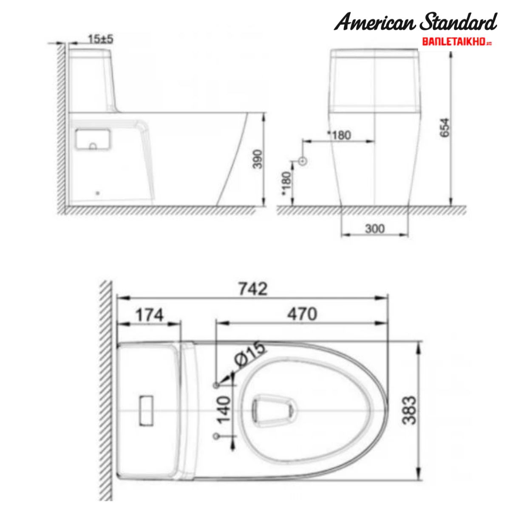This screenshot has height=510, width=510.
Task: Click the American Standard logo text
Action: pyautogui.click(x=415, y=22)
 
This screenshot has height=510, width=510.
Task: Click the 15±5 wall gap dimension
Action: pyautogui.click(x=101, y=40)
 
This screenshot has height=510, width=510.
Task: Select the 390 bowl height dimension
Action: pyautogui.click(x=258, y=159)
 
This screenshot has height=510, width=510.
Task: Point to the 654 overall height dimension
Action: pyautogui.click(x=444, y=127)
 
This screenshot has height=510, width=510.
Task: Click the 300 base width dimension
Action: pyautogui.click(x=374, y=229)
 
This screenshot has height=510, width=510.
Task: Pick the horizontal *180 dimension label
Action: pyautogui.click(x=340, y=135)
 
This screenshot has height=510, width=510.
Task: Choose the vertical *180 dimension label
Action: pyautogui.click(x=287, y=183)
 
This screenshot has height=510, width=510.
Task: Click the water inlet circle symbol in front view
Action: pyautogui.click(x=303, y=161)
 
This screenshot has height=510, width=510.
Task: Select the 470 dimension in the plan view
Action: pyautogui.click(x=302, y=314)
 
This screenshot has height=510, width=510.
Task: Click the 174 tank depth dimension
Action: pyautogui.click(x=149, y=315)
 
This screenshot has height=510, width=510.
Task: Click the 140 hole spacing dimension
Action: pyautogui.click(x=224, y=410)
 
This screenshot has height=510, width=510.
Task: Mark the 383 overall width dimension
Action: pyautogui.click(x=409, y=410)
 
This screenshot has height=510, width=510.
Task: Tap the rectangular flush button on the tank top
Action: pyautogui.click(x=147, y=410)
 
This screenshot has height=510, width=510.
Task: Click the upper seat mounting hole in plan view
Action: pyautogui.click(x=216, y=385)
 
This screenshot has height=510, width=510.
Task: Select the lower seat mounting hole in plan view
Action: pyautogui.click(x=216, y=436)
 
